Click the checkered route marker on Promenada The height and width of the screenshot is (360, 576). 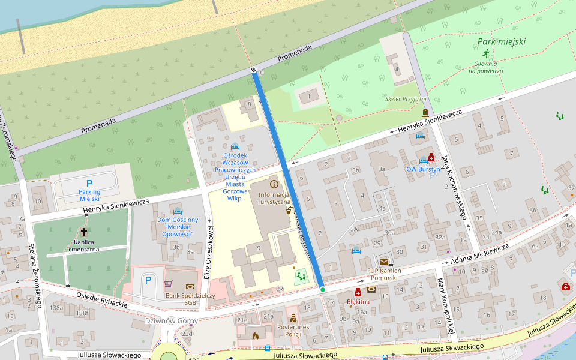pos(254,71)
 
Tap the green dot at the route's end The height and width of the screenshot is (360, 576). pos(322,290)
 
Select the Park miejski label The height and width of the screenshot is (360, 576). pos(502,42)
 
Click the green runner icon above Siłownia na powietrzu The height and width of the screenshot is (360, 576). pos(485,53)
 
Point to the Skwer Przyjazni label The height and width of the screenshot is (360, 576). pos(406,99)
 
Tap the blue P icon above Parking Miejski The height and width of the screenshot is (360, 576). pos(89,184)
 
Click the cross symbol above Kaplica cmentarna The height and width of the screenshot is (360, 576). pos(84,232)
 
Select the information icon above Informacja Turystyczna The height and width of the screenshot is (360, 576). pos(274,184)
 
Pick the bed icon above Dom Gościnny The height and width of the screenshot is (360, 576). pos(178,211)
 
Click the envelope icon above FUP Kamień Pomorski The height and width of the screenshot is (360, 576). pos(383,261)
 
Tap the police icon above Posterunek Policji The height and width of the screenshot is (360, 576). pos(293,317)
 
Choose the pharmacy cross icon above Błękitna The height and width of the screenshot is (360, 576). pos(358,292)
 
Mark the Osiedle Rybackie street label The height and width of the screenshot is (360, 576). pos(101,300)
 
